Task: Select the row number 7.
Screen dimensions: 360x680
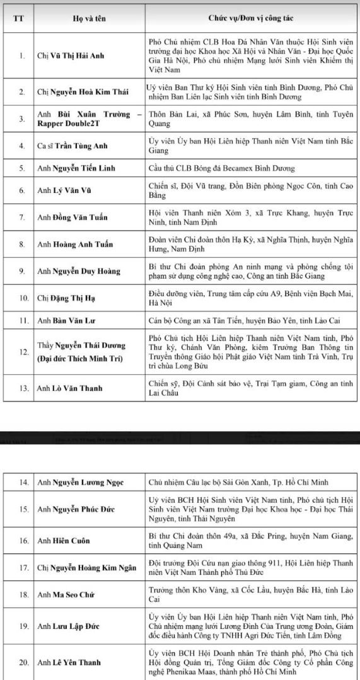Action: [21, 217]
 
